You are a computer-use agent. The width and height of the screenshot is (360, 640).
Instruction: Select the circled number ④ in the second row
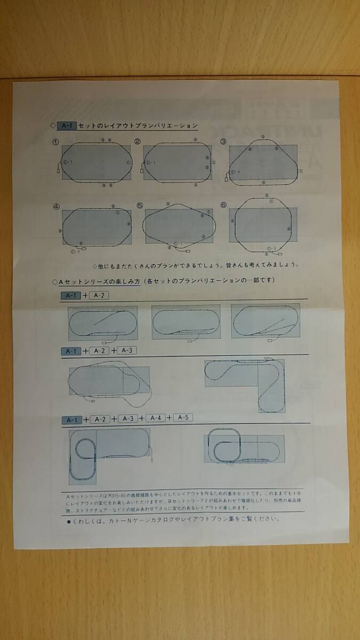point(55,206)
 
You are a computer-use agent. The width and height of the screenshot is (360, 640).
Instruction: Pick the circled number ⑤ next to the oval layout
point(140,205)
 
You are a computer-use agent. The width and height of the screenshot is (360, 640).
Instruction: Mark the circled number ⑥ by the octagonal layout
point(223,205)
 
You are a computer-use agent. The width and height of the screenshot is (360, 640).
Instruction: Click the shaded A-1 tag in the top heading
point(67,126)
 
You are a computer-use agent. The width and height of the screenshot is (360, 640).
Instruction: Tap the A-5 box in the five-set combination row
point(183,417)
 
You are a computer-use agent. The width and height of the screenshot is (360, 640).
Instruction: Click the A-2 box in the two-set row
point(99,295)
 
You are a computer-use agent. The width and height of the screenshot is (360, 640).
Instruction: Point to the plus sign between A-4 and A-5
point(169,418)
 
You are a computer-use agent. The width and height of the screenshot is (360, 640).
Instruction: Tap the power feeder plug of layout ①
point(58,171)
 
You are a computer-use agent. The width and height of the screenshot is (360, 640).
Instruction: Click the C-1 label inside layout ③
point(236,172)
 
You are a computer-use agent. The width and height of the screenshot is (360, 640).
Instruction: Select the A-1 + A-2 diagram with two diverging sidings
point(265,322)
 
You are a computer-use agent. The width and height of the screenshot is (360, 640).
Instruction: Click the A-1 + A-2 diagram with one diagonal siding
point(103,323)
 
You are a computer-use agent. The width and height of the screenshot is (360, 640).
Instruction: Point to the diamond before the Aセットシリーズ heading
point(54,281)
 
